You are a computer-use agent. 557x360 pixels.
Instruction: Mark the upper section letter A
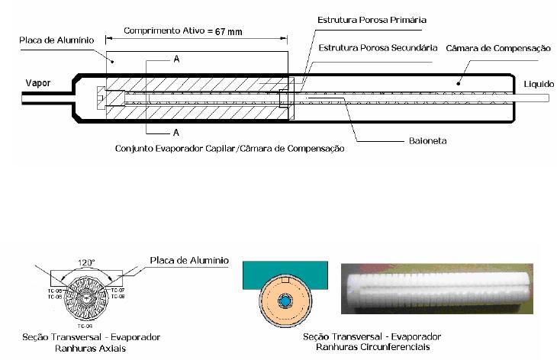176,59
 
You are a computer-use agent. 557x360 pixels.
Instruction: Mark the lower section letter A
176,130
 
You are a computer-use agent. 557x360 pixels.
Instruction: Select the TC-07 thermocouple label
117,291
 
